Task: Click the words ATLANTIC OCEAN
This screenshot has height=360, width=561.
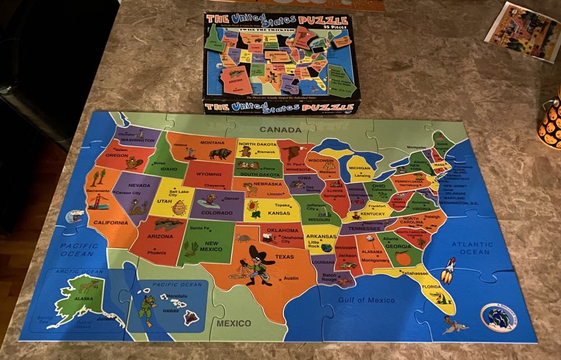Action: (472, 248)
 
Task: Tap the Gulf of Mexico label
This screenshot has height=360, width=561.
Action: (366, 300)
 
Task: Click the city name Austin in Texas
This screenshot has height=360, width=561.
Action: (291, 278)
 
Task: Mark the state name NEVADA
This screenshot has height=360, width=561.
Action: (139, 185)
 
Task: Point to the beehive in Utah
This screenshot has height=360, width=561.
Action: (180, 209)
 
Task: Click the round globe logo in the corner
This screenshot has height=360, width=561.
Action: (499, 317)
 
